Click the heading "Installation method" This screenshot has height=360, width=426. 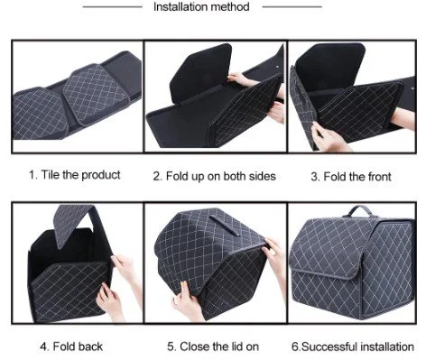[201, 6]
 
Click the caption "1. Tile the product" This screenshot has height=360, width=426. [75, 175]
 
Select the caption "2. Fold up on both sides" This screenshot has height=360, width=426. [214, 176]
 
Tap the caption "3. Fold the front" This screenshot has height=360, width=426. [351, 177]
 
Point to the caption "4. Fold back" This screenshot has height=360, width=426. [71, 346]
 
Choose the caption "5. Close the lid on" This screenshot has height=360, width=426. [213, 346]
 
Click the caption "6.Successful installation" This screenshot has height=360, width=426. [353, 346]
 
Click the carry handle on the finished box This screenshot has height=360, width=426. [360, 210]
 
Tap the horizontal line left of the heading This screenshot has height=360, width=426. [113, 6]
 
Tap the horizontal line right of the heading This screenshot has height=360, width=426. [292, 6]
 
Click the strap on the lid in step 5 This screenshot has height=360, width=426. [223, 225]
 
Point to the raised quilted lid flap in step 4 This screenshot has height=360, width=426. [73, 224]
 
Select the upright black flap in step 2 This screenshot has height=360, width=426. [201, 73]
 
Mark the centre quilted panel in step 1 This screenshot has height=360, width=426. [96, 93]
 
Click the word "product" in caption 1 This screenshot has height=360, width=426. [101, 175]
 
